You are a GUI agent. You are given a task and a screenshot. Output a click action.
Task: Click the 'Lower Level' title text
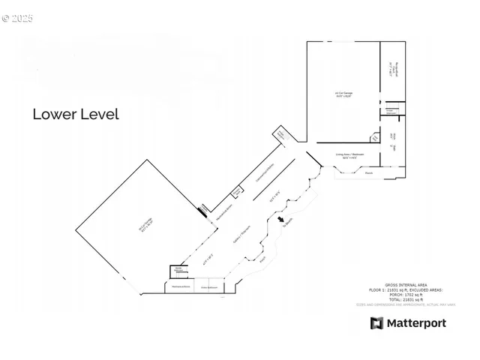(x=75, y=115)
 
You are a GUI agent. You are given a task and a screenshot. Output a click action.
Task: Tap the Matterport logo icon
(x=376, y=323)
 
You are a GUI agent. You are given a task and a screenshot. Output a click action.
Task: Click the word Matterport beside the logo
(x=416, y=323)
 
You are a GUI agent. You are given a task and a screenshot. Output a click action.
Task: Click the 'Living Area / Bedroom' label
(x=349, y=155)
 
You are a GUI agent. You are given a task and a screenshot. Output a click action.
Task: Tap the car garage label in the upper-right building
(x=343, y=94)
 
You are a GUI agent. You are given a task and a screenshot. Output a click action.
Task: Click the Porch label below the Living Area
(x=368, y=173)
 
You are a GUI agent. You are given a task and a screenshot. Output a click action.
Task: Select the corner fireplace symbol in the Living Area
(x=375, y=138)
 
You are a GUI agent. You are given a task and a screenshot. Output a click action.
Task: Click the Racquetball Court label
(x=391, y=73)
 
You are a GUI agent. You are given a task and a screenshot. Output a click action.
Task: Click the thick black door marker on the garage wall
(x=202, y=211)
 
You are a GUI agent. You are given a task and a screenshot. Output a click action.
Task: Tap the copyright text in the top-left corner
(x=17, y=18)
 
